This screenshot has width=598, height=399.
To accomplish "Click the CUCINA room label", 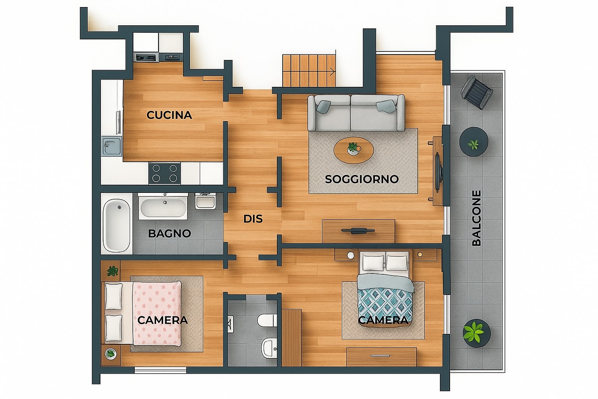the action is (169, 115).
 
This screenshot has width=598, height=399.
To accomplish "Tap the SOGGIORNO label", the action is (362, 179).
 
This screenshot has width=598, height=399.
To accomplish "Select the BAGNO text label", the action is (169, 233).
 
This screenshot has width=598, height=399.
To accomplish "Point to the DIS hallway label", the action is (253, 219).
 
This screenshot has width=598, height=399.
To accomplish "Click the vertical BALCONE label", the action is (477, 218).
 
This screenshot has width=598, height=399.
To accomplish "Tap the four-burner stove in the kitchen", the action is (164, 173).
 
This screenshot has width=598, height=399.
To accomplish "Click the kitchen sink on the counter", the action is (112, 146).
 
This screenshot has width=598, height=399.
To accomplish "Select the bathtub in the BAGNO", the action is (117, 226).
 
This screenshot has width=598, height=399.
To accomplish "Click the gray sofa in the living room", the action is (356, 113).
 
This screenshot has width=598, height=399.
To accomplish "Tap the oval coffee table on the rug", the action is (354, 150).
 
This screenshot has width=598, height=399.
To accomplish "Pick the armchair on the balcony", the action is (477, 92).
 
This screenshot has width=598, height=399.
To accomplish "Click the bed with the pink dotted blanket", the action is (144, 312).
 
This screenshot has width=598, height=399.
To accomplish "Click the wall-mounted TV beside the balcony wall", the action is (438, 172).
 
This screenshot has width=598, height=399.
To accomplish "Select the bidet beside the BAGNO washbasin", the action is (205, 201).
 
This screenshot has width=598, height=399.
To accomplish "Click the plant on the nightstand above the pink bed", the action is (113, 271).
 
